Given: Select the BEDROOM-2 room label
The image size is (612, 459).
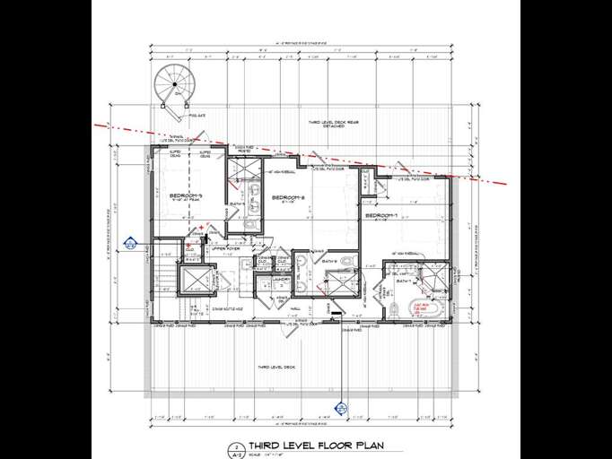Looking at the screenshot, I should [x=289, y=197].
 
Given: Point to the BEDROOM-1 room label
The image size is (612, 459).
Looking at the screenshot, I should [x=380, y=216].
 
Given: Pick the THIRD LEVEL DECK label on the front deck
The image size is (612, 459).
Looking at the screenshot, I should [x=276, y=368].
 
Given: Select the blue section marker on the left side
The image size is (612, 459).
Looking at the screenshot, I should [x=131, y=243].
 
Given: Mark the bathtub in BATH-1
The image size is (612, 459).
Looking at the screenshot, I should [x=423, y=311].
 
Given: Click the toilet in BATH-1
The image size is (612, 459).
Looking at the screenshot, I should [x=394, y=311].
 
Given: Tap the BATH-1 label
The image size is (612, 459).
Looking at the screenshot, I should [x=405, y=281].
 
